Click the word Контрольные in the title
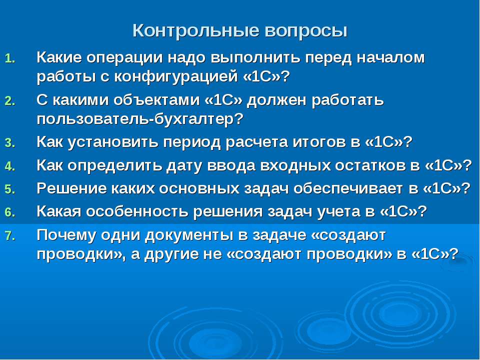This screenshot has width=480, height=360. point(195,31)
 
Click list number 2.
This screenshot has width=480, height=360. point(10,100)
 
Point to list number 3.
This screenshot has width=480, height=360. point(10,143)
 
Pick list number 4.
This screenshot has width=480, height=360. point(10,166)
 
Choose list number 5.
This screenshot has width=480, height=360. point(10,189)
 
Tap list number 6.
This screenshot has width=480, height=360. point(10,212)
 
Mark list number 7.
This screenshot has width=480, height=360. point(10,235)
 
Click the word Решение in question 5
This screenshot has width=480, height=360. point(71,188)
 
